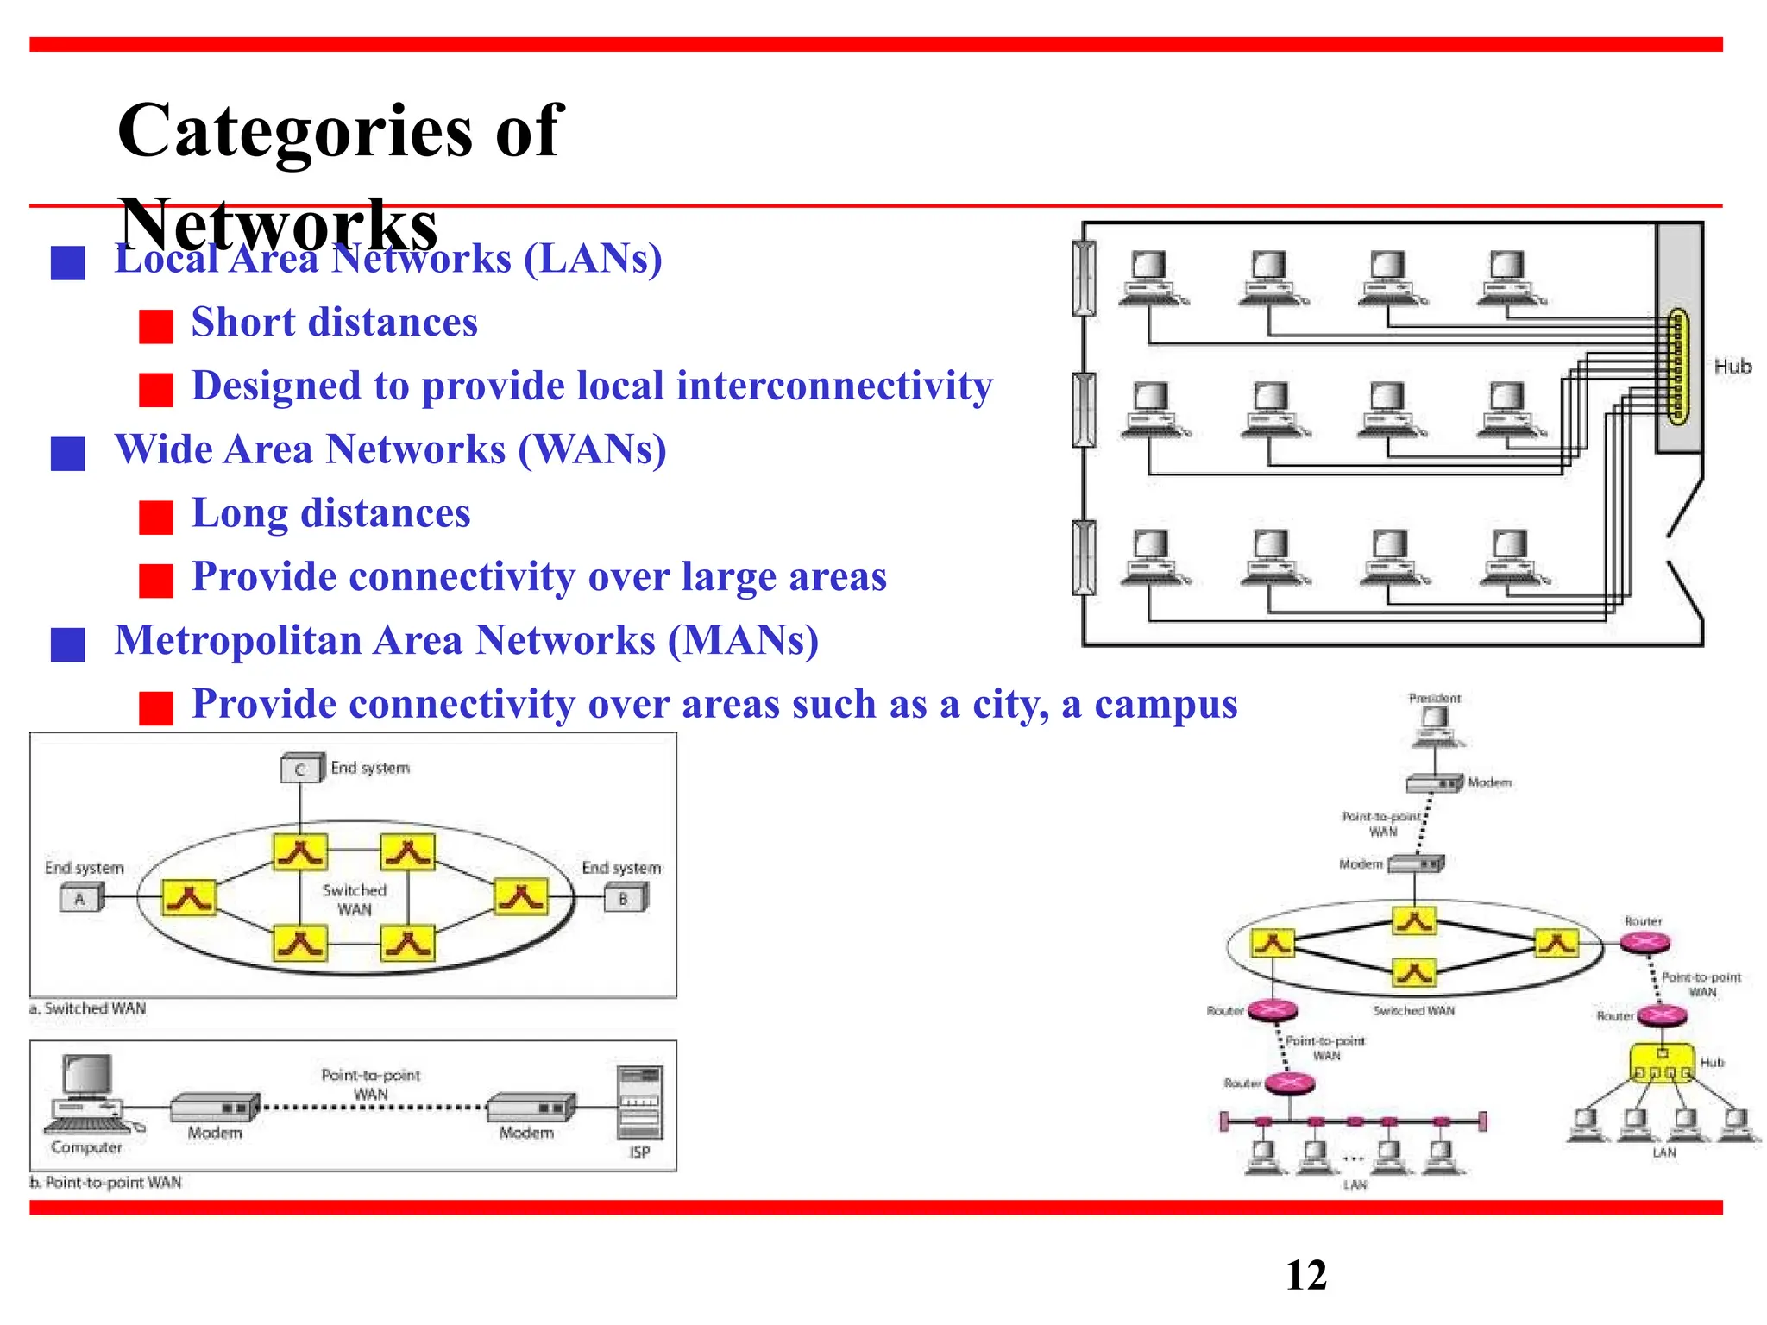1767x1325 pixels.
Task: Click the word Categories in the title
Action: click(x=293, y=131)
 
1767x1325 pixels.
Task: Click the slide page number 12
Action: click(x=1305, y=1275)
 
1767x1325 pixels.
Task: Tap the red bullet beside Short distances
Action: click(x=156, y=326)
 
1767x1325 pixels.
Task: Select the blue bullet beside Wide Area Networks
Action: click(x=68, y=453)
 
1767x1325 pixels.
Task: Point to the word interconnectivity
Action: click(x=833, y=386)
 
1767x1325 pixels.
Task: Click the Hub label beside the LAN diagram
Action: click(x=1732, y=367)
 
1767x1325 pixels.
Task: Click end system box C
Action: click(x=300, y=769)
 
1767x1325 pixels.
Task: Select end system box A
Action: click(x=80, y=899)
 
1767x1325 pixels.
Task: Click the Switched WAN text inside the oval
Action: click(x=355, y=900)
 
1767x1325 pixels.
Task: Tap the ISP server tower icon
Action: click(x=639, y=1103)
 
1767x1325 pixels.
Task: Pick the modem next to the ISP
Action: click(x=530, y=1107)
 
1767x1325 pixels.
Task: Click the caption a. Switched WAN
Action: click(x=88, y=1008)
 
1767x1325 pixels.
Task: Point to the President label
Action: click(x=1434, y=698)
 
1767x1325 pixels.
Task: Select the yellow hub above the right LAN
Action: click(x=1661, y=1064)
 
